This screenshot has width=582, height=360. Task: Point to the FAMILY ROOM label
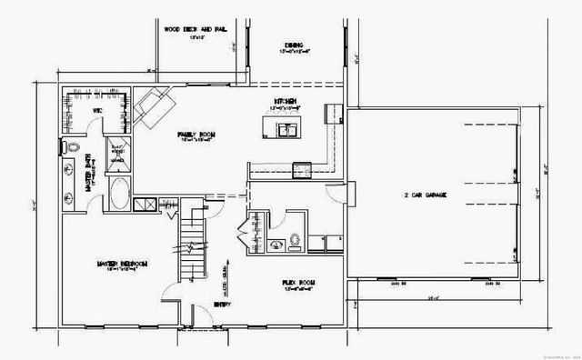point(196,135)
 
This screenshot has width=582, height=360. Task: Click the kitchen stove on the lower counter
point(301,168)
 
